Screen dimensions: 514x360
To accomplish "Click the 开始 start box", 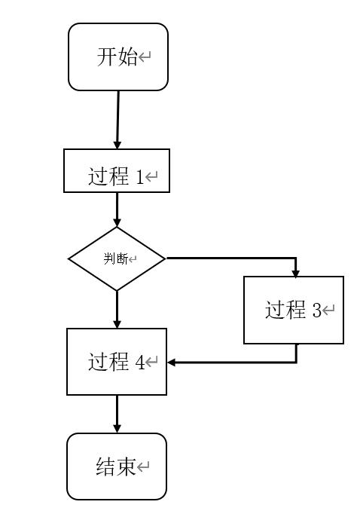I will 118,57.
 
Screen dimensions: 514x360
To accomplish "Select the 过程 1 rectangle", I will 117,171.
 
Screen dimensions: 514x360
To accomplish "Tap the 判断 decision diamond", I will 117,259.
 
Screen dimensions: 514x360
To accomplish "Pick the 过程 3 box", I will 294,310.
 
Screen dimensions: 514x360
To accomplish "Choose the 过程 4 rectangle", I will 117,362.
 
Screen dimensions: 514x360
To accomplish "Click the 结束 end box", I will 117,467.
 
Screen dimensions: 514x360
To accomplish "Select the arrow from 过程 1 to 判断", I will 117,209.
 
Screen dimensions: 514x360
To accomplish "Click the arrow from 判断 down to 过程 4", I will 117,309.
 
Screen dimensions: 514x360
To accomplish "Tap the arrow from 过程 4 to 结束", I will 117,414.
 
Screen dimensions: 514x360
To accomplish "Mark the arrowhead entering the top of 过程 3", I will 296,272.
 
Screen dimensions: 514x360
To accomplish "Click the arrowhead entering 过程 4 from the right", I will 172,363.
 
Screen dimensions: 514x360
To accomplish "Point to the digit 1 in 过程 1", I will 139,178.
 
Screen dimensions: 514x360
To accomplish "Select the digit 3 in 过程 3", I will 316,311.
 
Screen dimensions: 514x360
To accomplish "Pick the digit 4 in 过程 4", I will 139,363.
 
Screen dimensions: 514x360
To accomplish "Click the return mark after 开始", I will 145,57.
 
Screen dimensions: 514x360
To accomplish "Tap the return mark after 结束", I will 143,467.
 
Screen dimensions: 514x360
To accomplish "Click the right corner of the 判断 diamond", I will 164,259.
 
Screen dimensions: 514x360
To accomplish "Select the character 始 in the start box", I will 127,57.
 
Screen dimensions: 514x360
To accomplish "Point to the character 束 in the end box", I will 126,467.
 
